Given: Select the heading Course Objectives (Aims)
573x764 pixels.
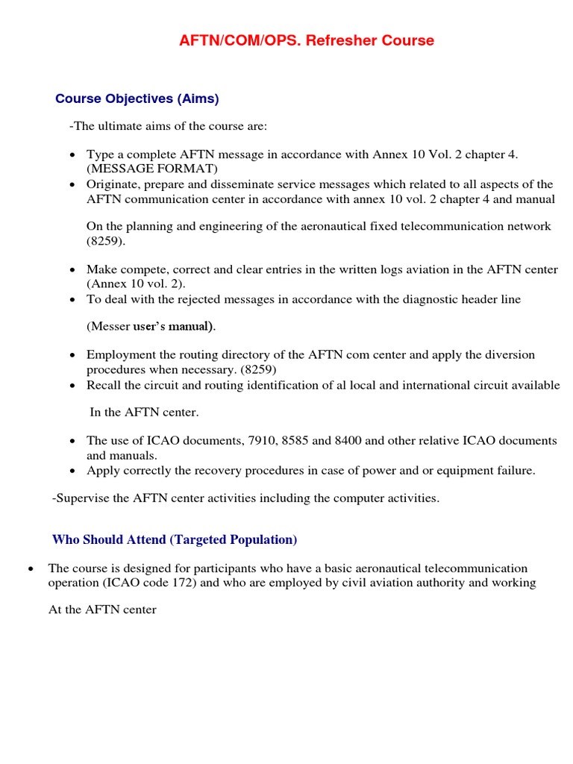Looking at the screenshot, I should point(137,98).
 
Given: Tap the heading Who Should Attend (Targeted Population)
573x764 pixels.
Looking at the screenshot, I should point(175,539).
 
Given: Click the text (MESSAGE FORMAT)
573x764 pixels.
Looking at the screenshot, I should point(151,169).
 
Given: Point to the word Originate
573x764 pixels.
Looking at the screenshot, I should point(113,184).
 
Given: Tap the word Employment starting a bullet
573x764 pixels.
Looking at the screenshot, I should point(121,355).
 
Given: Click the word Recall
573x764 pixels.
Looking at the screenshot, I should point(104,385).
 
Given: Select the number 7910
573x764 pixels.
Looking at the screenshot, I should point(262,441).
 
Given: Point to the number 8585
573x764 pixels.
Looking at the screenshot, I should point(296,441).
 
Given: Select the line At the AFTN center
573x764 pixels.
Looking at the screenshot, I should point(102,610).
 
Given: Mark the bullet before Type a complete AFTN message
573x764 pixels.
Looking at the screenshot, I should point(72,155).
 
